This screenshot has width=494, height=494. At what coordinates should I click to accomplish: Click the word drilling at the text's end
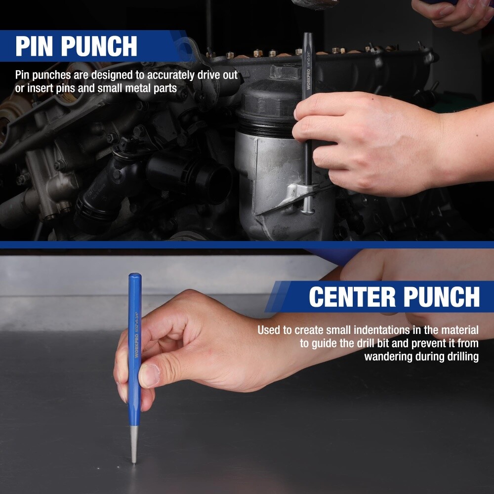pyautogui.click(x=460, y=356)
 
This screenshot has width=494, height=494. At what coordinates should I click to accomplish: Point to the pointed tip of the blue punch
pyautogui.click(x=134, y=461)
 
